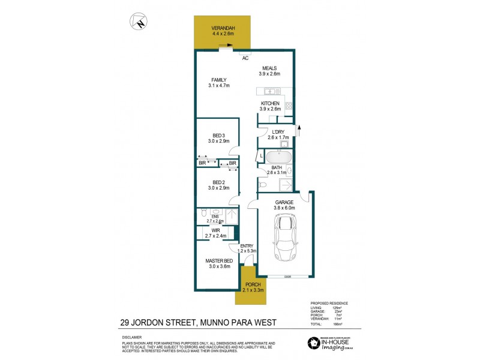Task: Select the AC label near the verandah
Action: pos(245,58)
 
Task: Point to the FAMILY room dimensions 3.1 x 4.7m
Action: pos(220,86)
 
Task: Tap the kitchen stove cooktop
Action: pos(288,106)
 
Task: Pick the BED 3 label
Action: pos(218,136)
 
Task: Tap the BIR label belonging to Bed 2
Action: pos(232,163)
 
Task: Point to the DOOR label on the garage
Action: pos(287,277)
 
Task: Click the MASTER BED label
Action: pos(219,260)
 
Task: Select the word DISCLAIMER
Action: pos(127,338)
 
